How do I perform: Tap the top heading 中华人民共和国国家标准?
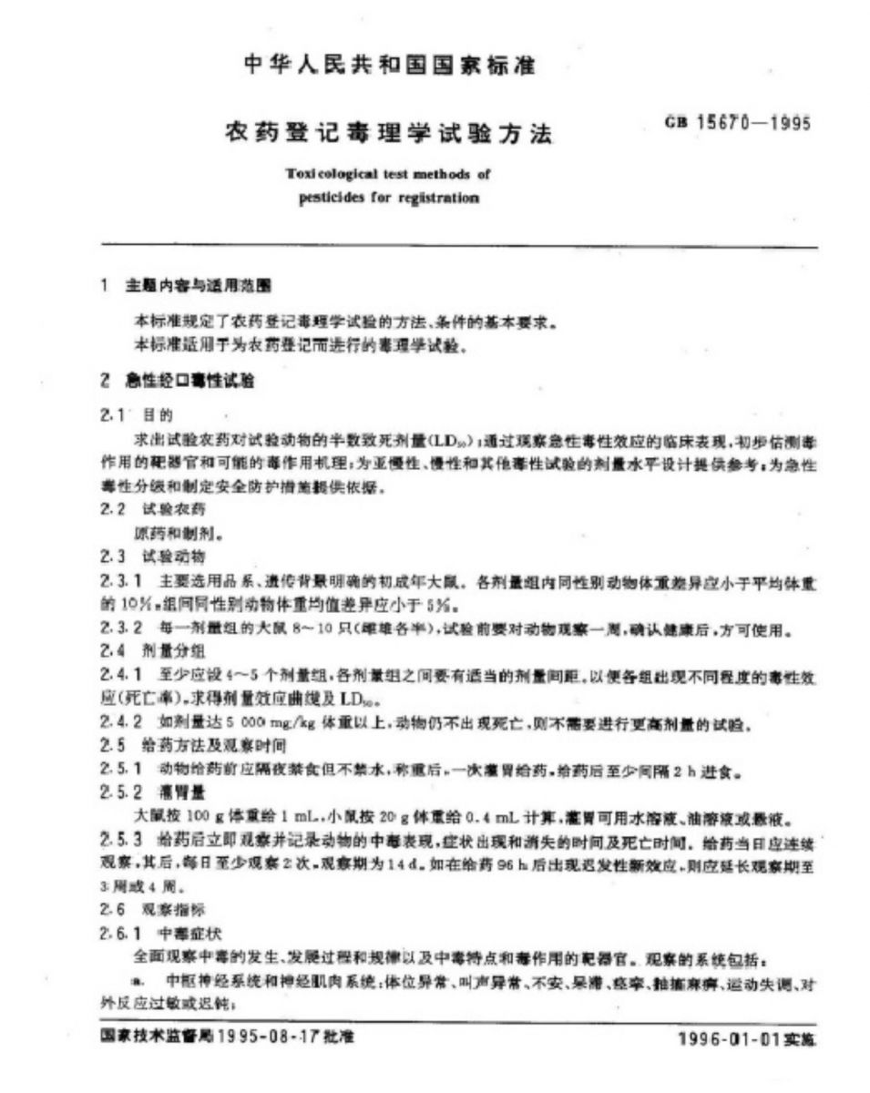[x=391, y=66]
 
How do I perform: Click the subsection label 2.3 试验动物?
[x=140, y=555]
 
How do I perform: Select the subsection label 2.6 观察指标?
[x=140, y=909]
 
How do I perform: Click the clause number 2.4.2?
[x=120, y=724]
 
